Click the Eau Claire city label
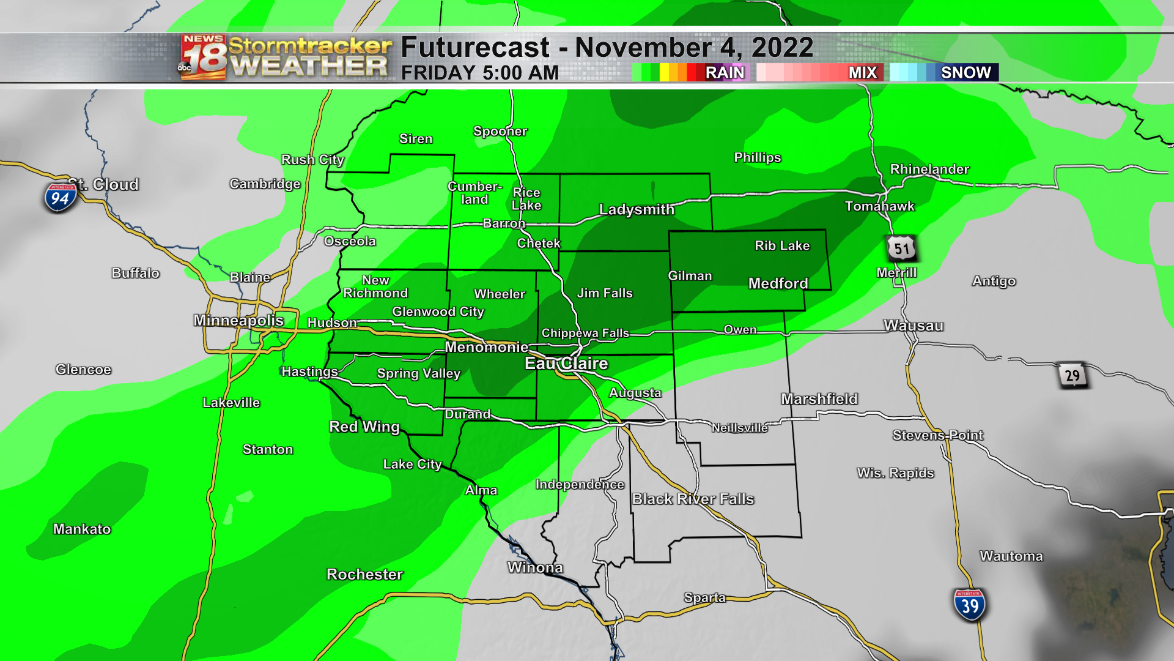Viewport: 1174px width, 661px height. click(x=566, y=364)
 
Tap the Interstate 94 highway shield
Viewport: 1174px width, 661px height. click(x=60, y=197)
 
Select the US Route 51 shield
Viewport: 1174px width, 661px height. click(x=901, y=248)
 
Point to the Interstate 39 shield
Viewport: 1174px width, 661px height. click(x=970, y=605)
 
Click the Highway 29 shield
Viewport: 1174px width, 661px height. click(x=1072, y=375)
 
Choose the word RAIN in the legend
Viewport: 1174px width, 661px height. click(x=725, y=73)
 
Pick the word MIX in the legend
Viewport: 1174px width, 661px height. click(x=862, y=73)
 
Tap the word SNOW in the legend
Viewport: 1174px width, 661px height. click(x=965, y=73)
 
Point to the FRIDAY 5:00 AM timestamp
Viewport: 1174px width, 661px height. click(x=480, y=73)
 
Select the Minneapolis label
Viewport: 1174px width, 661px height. click(x=238, y=320)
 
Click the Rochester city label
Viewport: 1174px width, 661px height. click(x=364, y=574)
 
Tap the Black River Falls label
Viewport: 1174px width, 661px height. click(x=693, y=499)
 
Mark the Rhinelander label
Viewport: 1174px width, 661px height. click(x=929, y=169)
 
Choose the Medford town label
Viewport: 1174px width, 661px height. click(x=778, y=283)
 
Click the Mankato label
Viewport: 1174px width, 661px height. click(x=82, y=529)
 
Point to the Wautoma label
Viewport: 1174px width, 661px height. click(x=1011, y=556)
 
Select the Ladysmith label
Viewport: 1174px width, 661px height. click(x=637, y=209)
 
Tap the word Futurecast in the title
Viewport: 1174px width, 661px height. click(x=475, y=48)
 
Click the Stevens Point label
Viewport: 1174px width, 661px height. click(x=938, y=435)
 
